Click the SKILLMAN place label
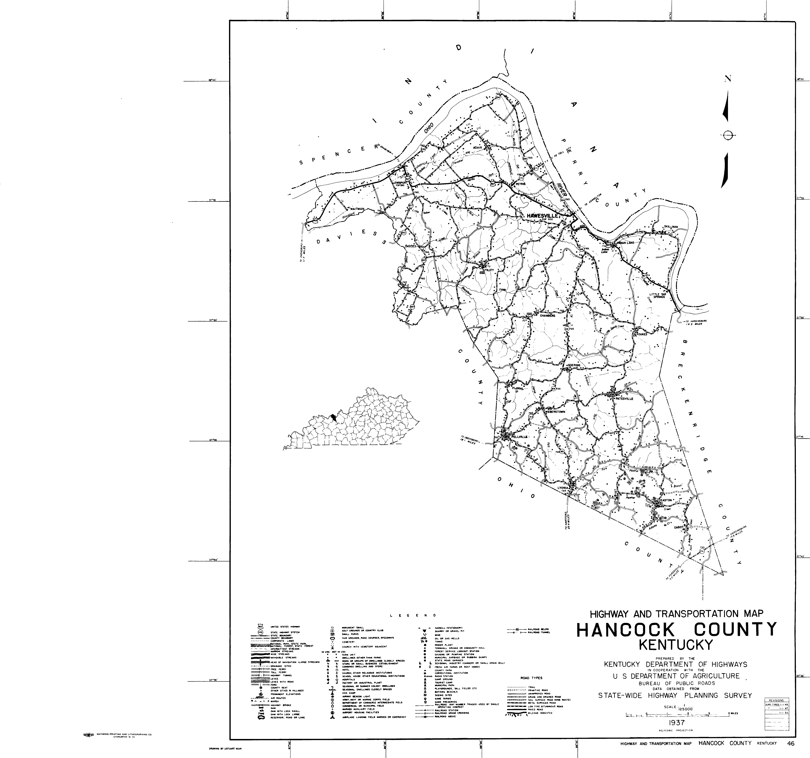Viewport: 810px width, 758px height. pos(671,227)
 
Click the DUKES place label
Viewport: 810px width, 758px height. pos(642,334)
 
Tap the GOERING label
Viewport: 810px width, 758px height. pos(574,365)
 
